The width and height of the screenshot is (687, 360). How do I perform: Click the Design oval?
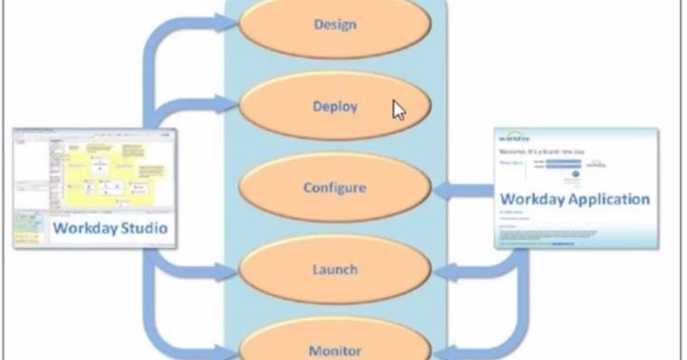click(x=334, y=25)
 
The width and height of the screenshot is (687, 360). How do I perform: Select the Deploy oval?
click(x=334, y=106)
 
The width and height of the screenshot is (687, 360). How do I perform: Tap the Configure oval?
click(x=334, y=188)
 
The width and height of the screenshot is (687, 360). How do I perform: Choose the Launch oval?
click(x=334, y=269)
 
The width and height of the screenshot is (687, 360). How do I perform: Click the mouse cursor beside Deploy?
click(x=398, y=109)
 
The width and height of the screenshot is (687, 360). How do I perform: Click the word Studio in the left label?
click(x=141, y=228)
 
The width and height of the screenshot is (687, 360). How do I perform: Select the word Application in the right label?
click(x=609, y=198)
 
